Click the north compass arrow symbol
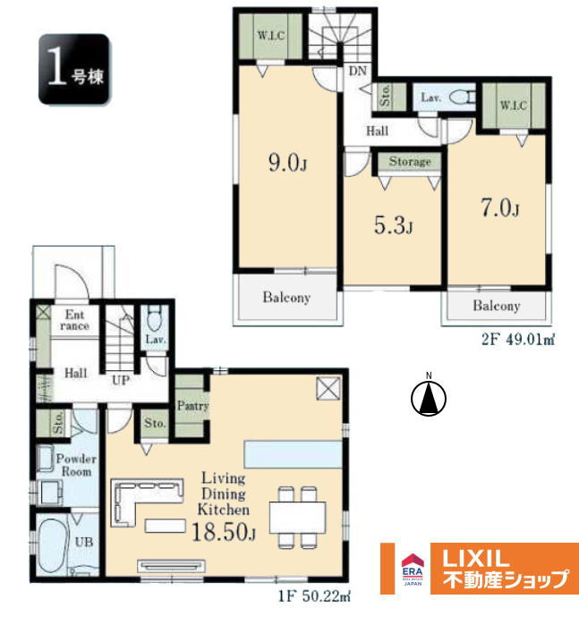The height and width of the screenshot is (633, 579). pyautogui.click(x=429, y=398)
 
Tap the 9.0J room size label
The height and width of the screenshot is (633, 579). pyautogui.click(x=287, y=163)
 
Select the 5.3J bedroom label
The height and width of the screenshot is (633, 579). pyautogui.click(x=393, y=225)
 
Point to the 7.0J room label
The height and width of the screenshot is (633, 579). pyautogui.click(x=500, y=208)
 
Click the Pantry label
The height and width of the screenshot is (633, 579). pyautogui.click(x=192, y=405)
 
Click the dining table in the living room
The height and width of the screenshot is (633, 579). pyautogui.click(x=298, y=517)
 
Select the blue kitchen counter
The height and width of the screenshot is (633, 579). pyautogui.click(x=294, y=454)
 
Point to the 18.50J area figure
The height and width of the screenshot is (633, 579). pyautogui.click(x=224, y=532)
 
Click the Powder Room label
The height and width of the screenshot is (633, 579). pyautogui.click(x=76, y=465)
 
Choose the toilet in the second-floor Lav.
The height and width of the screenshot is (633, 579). pyautogui.click(x=462, y=97)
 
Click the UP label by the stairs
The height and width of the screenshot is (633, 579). pyautogui.click(x=121, y=380)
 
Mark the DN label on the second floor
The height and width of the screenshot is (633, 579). pyautogui.click(x=358, y=71)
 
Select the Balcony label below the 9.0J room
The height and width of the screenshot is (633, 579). pyautogui.click(x=286, y=298)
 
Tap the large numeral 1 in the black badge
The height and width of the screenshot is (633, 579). pyautogui.click(x=57, y=66)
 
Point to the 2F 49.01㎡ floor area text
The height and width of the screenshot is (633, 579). pyautogui.click(x=517, y=340)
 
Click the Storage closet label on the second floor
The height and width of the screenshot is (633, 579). pyautogui.click(x=410, y=162)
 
